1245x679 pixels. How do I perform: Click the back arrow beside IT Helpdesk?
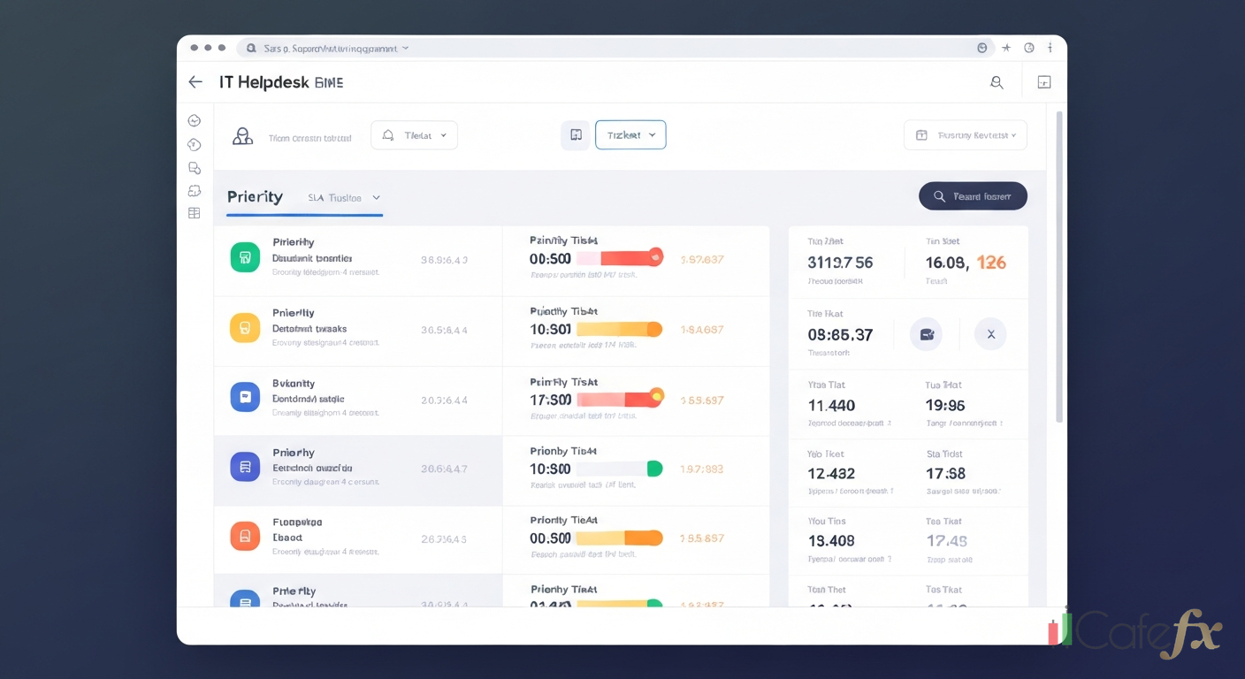[195, 82]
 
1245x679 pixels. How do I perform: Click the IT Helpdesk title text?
[264, 82]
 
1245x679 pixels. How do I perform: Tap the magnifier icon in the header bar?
[997, 82]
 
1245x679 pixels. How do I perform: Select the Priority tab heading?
[255, 197]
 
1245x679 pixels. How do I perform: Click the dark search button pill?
[973, 196]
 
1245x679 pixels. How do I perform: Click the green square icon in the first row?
[245, 257]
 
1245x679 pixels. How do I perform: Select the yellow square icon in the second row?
[245, 327]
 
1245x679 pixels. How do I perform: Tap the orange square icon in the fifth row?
[245, 536]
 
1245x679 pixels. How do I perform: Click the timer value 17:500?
[550, 400]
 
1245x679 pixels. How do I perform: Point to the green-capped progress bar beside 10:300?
[619, 469]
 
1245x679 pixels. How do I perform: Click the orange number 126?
[991, 263]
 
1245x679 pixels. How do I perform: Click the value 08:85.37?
[840, 335]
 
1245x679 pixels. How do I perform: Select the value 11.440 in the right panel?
[831, 406]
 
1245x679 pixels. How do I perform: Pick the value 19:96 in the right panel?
[944, 406]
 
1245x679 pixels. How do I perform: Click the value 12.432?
[831, 474]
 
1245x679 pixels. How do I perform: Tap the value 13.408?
[831, 541]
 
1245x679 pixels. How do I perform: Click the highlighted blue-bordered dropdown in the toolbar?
[630, 135]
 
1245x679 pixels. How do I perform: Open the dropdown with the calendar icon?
[965, 135]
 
